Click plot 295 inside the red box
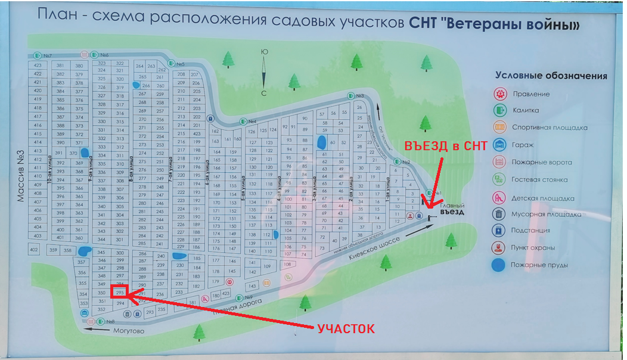(x=120, y=293)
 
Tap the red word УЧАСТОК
(x=346, y=328)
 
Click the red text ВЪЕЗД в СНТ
(x=446, y=146)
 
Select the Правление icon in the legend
(x=499, y=94)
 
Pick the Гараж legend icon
(x=499, y=144)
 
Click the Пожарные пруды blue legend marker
(x=499, y=265)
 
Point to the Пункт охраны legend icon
(x=499, y=247)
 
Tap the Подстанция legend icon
(x=499, y=230)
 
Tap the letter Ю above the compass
(x=264, y=52)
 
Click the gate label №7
(x=46, y=55)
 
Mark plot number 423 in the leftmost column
(x=38, y=65)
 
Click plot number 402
(x=34, y=250)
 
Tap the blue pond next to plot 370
(x=85, y=153)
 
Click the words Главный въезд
(x=452, y=208)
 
